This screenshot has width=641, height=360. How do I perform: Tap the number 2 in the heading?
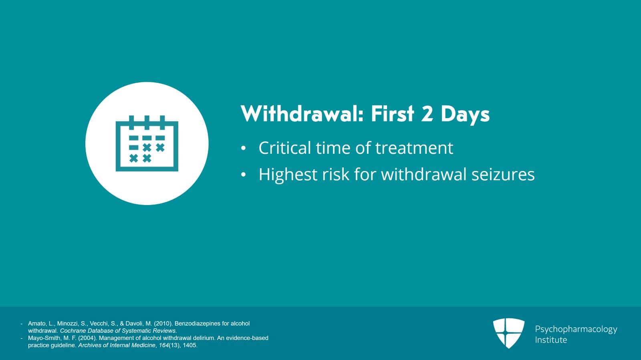427,114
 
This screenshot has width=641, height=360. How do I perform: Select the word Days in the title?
465,115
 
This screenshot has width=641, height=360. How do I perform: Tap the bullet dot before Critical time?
243,149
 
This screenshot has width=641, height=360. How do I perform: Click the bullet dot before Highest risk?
243,175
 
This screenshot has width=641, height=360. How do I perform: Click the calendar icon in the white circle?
147,144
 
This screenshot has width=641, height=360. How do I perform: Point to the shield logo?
508,333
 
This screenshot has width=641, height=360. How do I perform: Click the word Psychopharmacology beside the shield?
576,329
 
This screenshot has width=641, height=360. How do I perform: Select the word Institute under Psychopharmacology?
551,340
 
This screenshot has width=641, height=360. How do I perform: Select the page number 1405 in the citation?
190,345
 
